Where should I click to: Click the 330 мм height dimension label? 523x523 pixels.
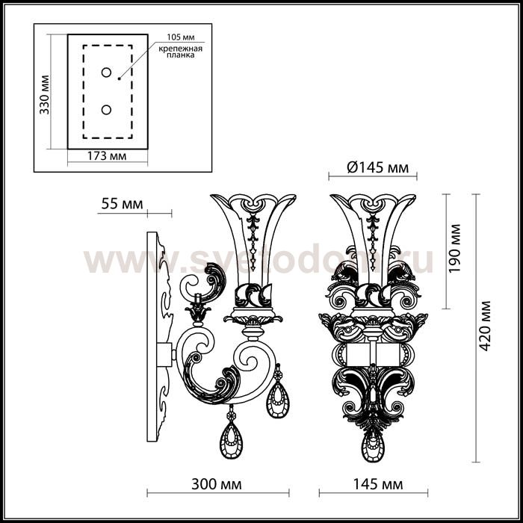44,94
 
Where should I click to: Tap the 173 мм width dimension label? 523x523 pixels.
107,155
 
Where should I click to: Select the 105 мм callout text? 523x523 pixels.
181,37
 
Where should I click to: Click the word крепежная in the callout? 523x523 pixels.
181,49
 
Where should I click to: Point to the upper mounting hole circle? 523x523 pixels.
106,72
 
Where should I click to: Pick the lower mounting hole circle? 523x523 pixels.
106,110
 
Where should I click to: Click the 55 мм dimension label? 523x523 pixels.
122,203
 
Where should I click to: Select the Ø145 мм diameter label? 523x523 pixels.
377,167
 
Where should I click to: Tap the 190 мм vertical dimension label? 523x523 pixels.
454,249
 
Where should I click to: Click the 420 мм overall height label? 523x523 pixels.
485,326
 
